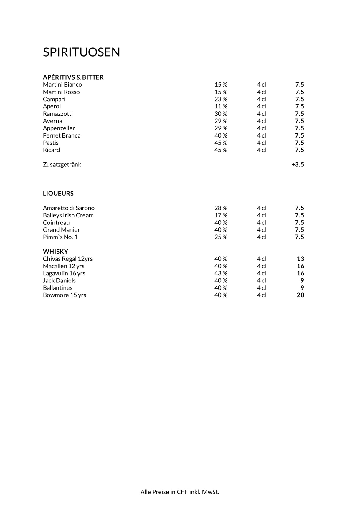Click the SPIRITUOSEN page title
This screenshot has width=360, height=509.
point(81,52)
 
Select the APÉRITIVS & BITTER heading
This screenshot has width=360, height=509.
point(73,77)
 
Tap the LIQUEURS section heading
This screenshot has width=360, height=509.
point(58,194)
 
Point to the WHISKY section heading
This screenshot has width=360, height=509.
point(55,251)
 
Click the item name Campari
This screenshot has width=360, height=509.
point(54,99)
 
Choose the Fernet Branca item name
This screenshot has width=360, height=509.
point(62,135)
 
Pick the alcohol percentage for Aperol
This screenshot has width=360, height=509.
point(221,106)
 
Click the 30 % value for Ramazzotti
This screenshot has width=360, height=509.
point(221,114)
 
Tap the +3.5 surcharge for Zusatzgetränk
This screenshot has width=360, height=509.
point(298,164)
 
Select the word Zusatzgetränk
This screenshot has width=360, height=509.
point(62,165)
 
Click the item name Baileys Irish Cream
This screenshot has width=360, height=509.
point(68,215)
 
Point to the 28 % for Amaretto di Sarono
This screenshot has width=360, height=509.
point(221,208)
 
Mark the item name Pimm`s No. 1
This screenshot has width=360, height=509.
point(60,237)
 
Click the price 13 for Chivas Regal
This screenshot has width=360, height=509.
point(300,259)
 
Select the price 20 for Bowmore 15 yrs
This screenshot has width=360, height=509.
point(300,295)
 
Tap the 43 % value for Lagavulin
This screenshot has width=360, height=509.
point(221,273)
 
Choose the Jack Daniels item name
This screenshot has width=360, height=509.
point(59,280)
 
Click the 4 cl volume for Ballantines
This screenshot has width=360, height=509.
point(261,288)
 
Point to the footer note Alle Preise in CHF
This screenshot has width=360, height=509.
point(180,492)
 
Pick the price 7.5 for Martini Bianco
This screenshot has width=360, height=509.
point(299,85)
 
